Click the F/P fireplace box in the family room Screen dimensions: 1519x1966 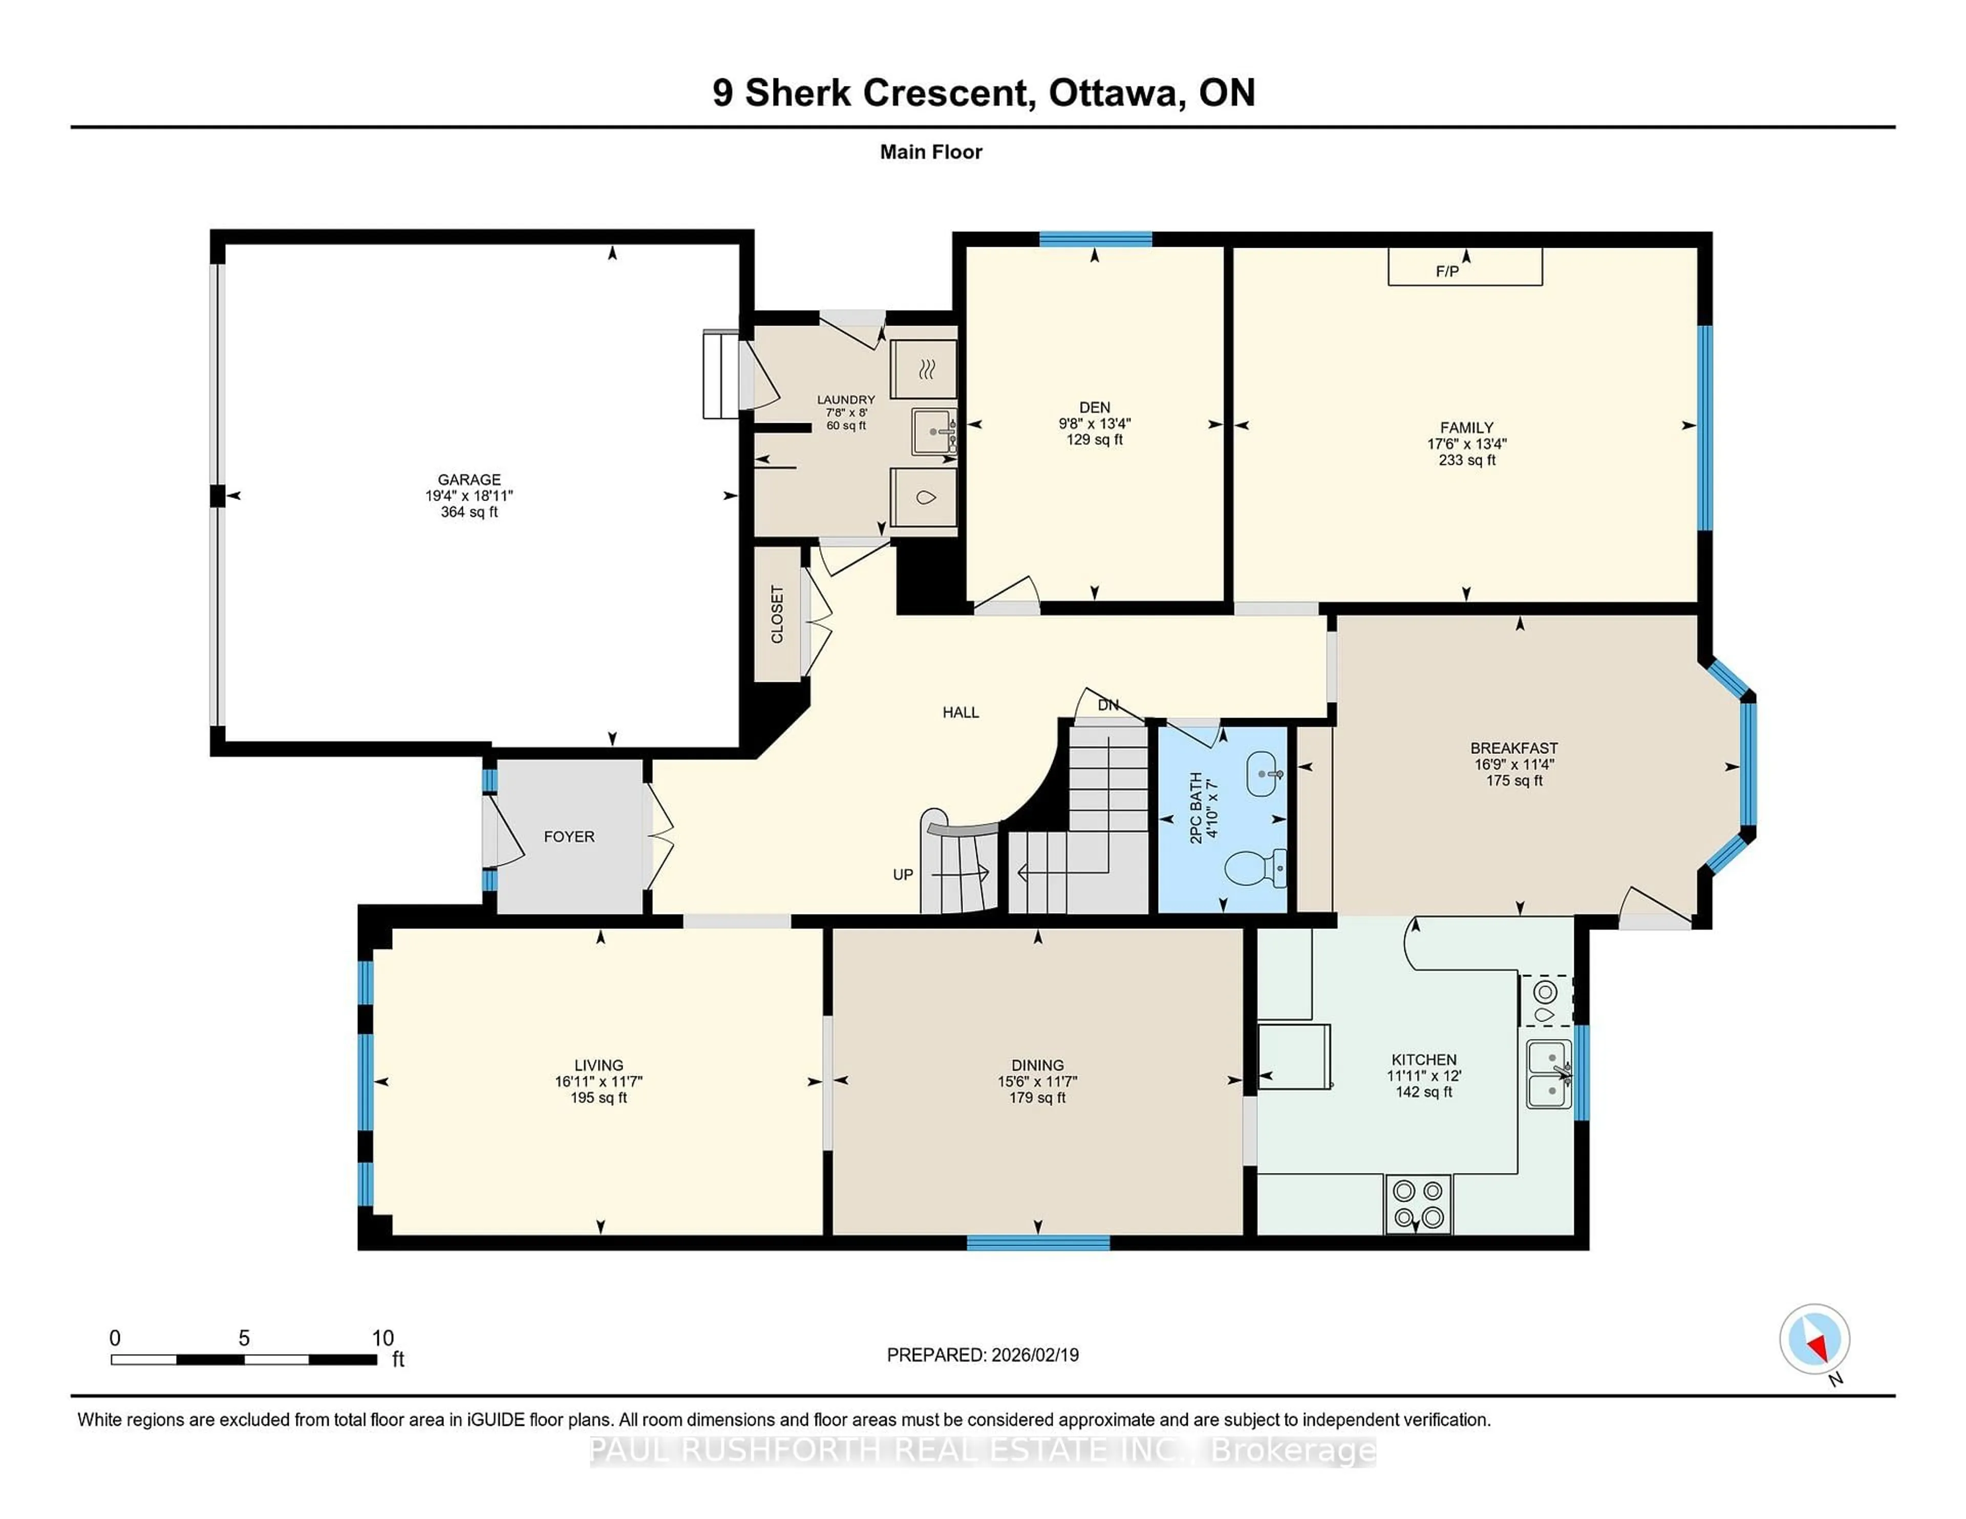coord(1465,268)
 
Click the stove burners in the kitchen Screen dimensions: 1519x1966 coord(1418,1204)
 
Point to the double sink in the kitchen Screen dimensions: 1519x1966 coord(1549,1074)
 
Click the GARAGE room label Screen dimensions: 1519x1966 coord(469,480)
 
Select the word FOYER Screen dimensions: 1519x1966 coord(569,837)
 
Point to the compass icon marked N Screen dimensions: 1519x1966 coord(1814,1339)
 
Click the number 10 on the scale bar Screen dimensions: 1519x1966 coord(382,1338)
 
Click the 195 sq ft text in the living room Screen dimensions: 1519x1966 coord(599,1098)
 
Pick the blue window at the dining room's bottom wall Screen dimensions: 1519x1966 coord(1038,1243)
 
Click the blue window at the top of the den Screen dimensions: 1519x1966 coord(1096,238)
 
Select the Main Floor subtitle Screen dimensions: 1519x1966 coord(931,152)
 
